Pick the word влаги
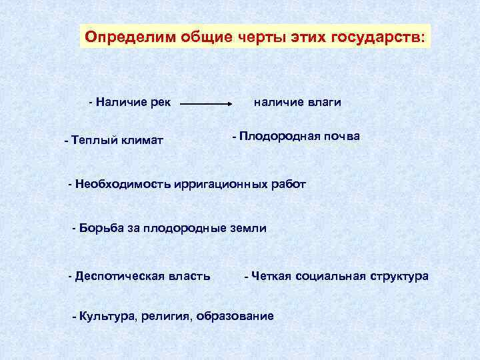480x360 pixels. [323, 102]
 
